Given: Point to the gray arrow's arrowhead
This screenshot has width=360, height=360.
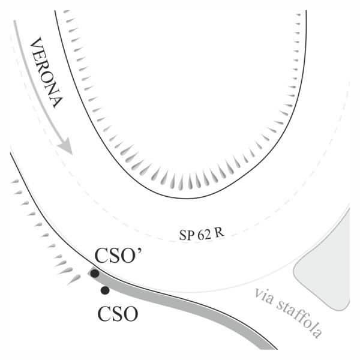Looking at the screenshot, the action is point(65,146).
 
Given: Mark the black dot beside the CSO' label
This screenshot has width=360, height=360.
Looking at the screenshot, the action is point(95,274).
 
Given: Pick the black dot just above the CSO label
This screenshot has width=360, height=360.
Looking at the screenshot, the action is point(105,290).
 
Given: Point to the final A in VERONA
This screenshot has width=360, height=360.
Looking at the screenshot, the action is point(57,101).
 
